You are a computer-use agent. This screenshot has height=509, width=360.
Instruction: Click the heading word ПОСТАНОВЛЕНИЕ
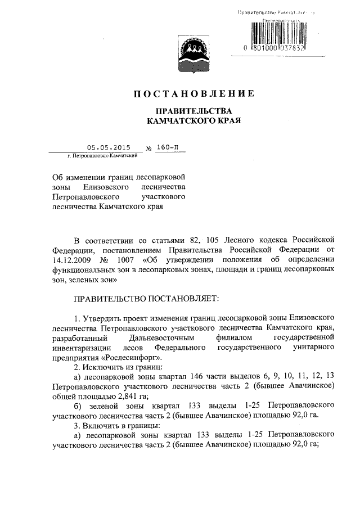(x=193, y=93)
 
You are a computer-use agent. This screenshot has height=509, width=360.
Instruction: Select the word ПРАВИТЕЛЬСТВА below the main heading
(x=193, y=110)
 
